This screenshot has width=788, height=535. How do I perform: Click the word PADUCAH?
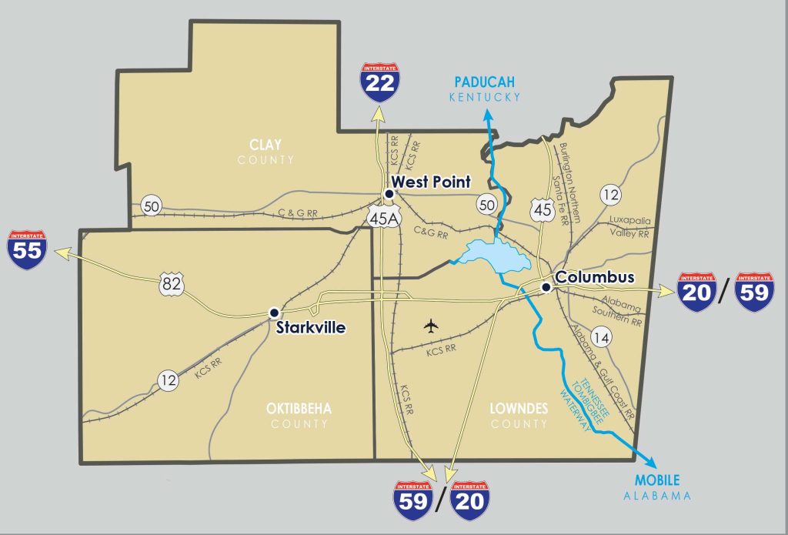[484, 82]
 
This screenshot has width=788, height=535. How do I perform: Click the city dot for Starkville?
[273, 313]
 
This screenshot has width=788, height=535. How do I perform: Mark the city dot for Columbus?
[546, 287]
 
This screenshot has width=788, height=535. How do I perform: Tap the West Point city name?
[432, 182]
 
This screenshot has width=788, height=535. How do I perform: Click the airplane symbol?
[430, 326]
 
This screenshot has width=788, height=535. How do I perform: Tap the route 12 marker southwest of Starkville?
[168, 380]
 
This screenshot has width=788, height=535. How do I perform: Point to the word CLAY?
[265, 144]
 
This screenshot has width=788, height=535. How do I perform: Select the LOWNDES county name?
[518, 409]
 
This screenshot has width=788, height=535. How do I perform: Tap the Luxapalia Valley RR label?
[629, 226]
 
